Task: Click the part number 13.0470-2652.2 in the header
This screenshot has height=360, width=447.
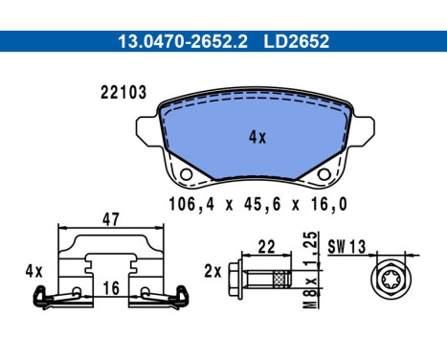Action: click(183, 41)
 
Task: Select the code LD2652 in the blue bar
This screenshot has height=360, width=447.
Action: click(296, 41)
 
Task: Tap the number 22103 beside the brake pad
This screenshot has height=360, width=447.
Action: click(123, 93)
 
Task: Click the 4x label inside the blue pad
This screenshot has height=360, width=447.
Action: click(257, 138)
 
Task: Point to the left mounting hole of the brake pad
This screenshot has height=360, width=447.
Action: click(186, 174)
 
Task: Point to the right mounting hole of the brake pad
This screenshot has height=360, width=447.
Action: click(324, 174)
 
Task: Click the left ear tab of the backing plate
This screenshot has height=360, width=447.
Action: click(147, 131)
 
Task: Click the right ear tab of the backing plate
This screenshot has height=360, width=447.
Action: click(363, 131)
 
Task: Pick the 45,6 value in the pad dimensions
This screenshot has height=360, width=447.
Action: click(262, 205)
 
